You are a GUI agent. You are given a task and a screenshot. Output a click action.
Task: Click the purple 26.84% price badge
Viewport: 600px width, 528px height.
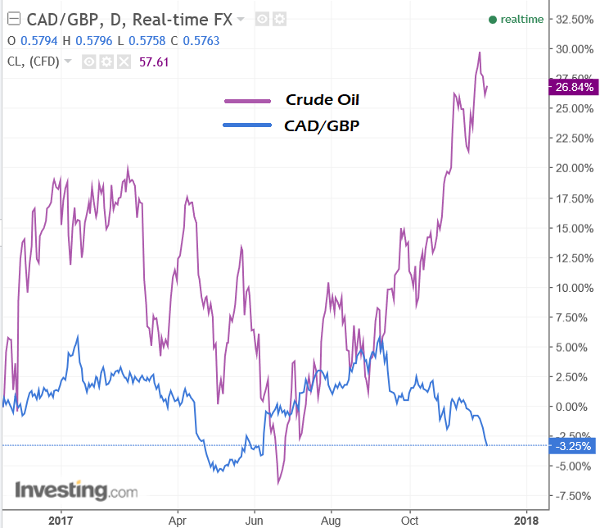tap(573, 86)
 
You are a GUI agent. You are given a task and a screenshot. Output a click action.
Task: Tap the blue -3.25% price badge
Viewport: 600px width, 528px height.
tap(573, 446)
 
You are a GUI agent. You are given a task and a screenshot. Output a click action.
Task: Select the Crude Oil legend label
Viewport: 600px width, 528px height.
tap(323, 100)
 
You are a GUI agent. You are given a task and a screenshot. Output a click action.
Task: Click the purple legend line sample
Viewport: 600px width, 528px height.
tap(247, 101)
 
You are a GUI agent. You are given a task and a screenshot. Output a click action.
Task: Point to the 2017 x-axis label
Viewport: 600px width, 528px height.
tap(61, 520)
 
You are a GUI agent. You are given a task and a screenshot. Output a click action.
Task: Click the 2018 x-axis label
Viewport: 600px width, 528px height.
tap(526, 520)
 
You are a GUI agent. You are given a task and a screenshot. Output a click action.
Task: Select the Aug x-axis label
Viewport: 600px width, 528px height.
tap(331, 520)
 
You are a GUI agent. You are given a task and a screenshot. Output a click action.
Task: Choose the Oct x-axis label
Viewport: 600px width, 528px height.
tap(410, 520)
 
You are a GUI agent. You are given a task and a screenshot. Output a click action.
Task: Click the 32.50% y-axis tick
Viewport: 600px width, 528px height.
tap(574, 19)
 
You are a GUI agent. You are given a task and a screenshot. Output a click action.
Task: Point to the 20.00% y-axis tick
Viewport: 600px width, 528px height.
tap(574, 168)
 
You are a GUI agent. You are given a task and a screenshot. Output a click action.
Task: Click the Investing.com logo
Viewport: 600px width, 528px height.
tap(76, 491)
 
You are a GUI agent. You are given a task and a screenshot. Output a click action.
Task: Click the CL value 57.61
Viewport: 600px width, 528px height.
tap(155, 61)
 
